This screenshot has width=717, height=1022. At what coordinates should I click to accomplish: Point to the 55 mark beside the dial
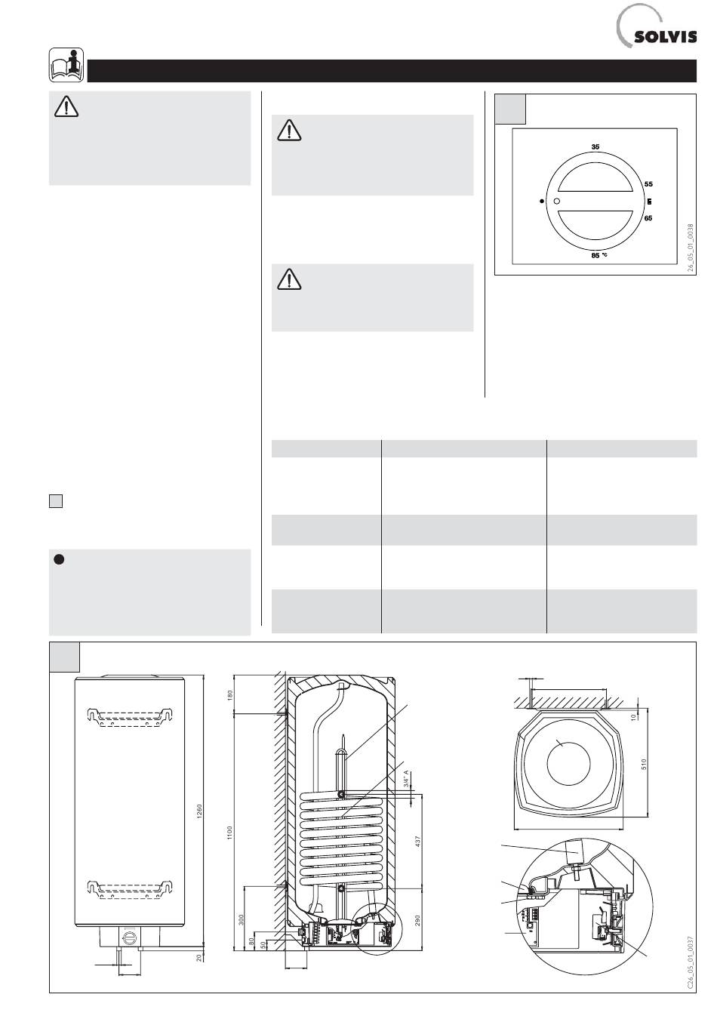648,183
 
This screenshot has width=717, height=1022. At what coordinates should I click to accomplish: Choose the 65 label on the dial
648,218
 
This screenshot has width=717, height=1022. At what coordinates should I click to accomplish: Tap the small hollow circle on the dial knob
557,202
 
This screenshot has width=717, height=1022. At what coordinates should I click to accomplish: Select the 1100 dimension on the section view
231,833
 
